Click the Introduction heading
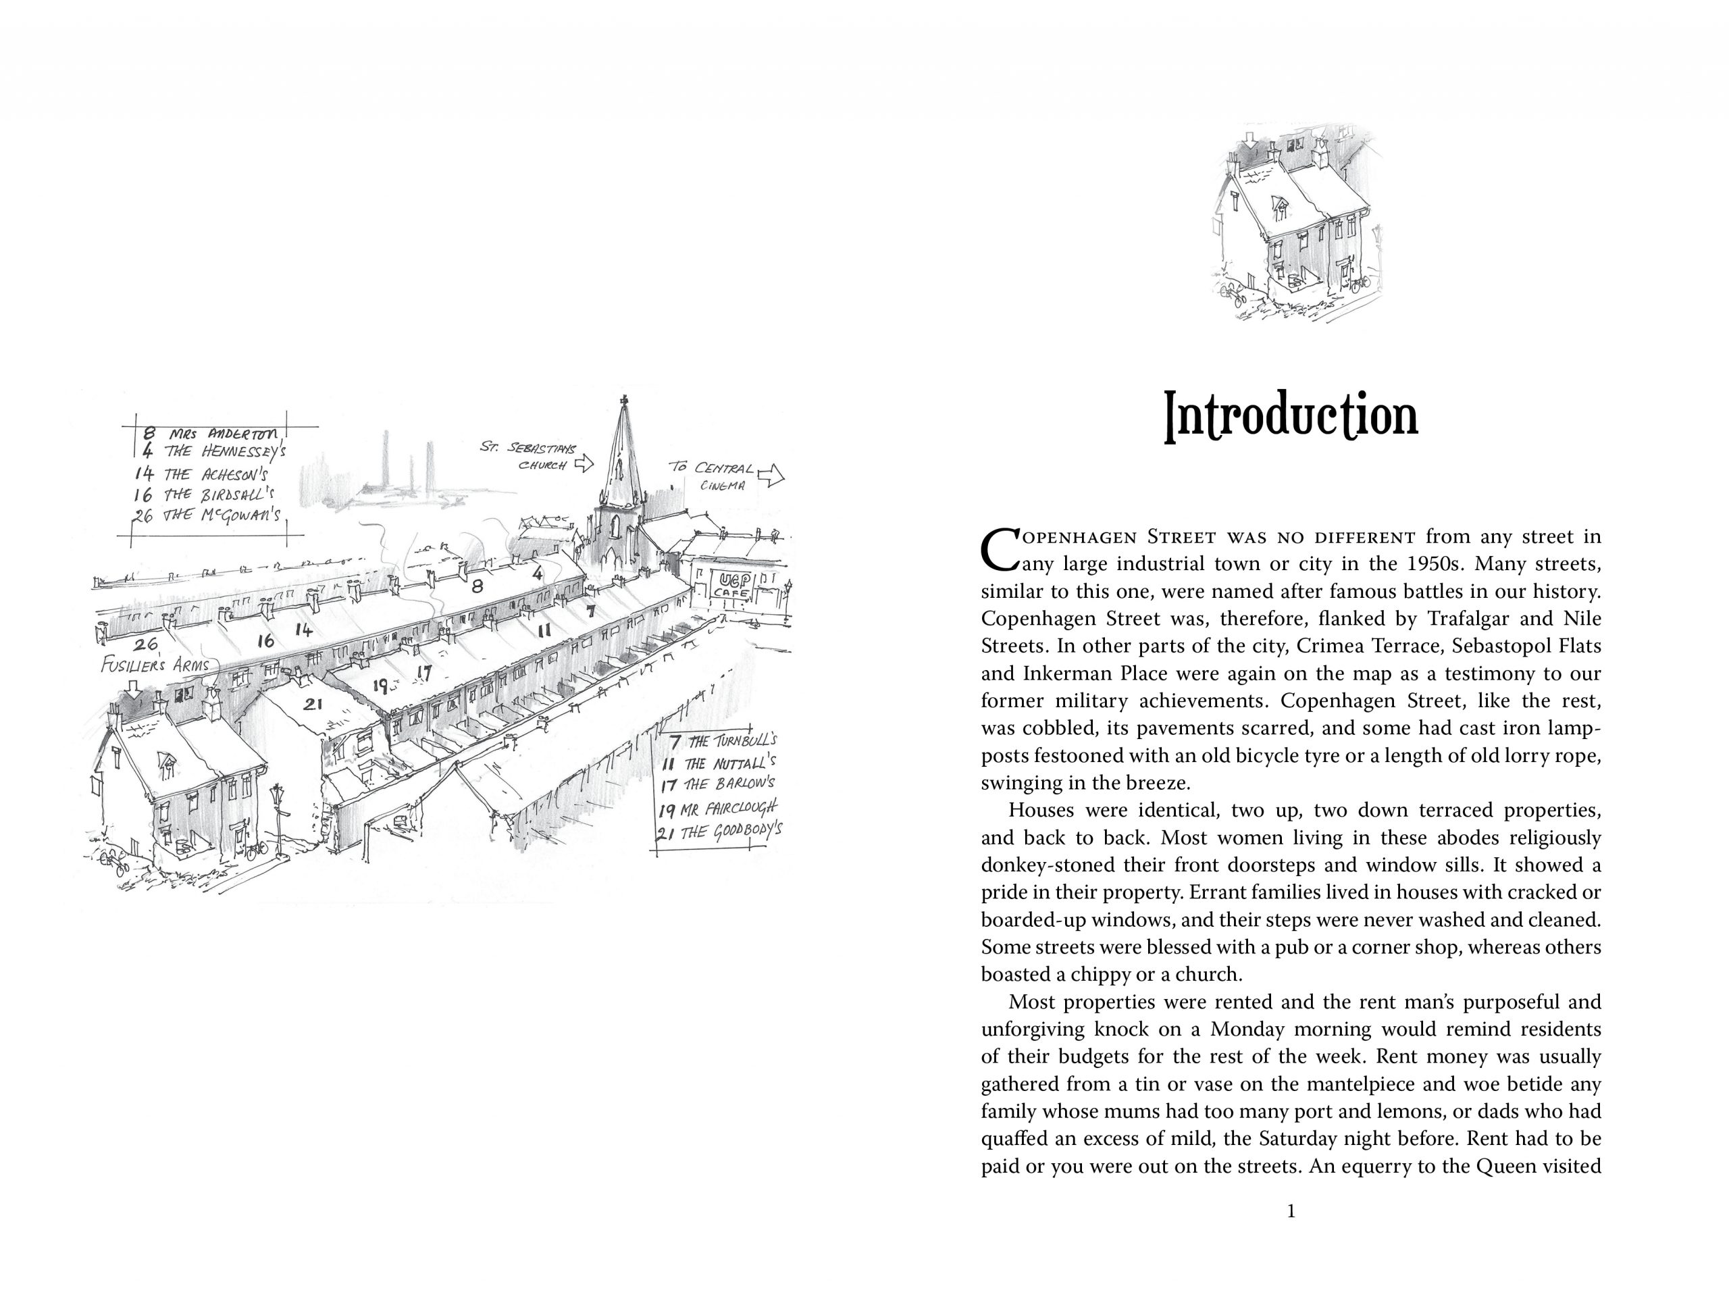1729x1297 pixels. [x=1291, y=416]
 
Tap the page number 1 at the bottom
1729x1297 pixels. [x=1291, y=1211]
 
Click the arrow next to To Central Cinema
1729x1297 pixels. [x=771, y=474]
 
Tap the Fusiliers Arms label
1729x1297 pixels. [x=155, y=665]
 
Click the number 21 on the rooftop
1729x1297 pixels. [x=313, y=705]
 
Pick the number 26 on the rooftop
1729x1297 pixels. [x=145, y=645]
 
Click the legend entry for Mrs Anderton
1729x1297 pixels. [x=211, y=432]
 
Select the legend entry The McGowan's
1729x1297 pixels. [x=211, y=516]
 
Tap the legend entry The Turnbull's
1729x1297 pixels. [x=723, y=740]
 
